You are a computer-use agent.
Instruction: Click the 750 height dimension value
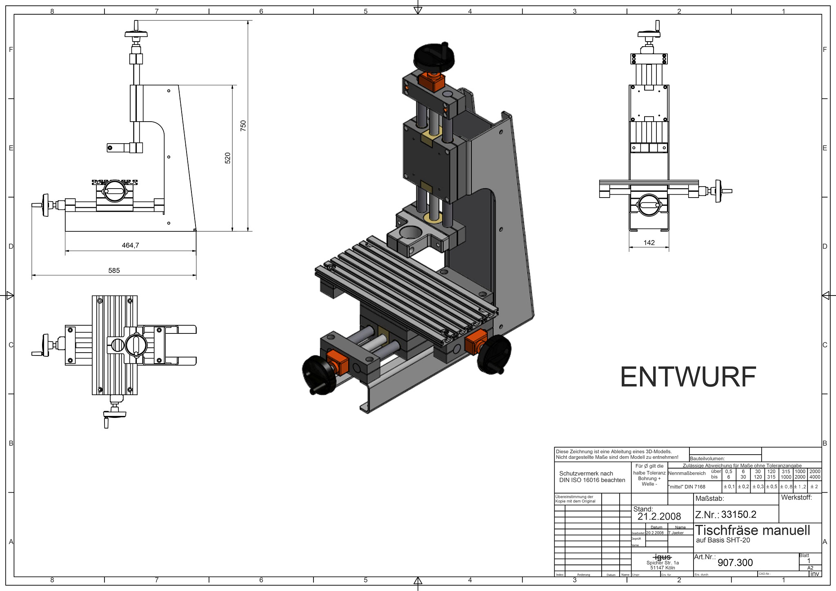coord(243,125)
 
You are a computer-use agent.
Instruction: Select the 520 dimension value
coord(228,158)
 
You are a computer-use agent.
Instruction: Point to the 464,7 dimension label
coord(130,245)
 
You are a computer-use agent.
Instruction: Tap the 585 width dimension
coord(114,271)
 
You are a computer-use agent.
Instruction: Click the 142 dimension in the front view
coord(649,243)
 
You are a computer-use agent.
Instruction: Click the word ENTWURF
coord(688,377)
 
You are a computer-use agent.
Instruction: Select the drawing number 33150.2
coord(738,515)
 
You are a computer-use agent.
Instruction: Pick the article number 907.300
coord(735,563)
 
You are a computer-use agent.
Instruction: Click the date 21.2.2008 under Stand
coord(659,517)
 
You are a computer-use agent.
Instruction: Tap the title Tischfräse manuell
coord(752,530)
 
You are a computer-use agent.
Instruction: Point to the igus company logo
coord(662,557)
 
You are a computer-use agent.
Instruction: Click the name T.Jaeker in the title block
coord(676,533)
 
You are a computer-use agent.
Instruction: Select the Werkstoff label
coord(796,498)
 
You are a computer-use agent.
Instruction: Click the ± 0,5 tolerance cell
coord(772,487)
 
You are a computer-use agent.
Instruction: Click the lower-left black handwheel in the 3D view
coord(319,374)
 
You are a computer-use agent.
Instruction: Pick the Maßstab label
coord(709,498)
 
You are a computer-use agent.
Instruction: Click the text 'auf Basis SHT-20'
coord(723,540)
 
